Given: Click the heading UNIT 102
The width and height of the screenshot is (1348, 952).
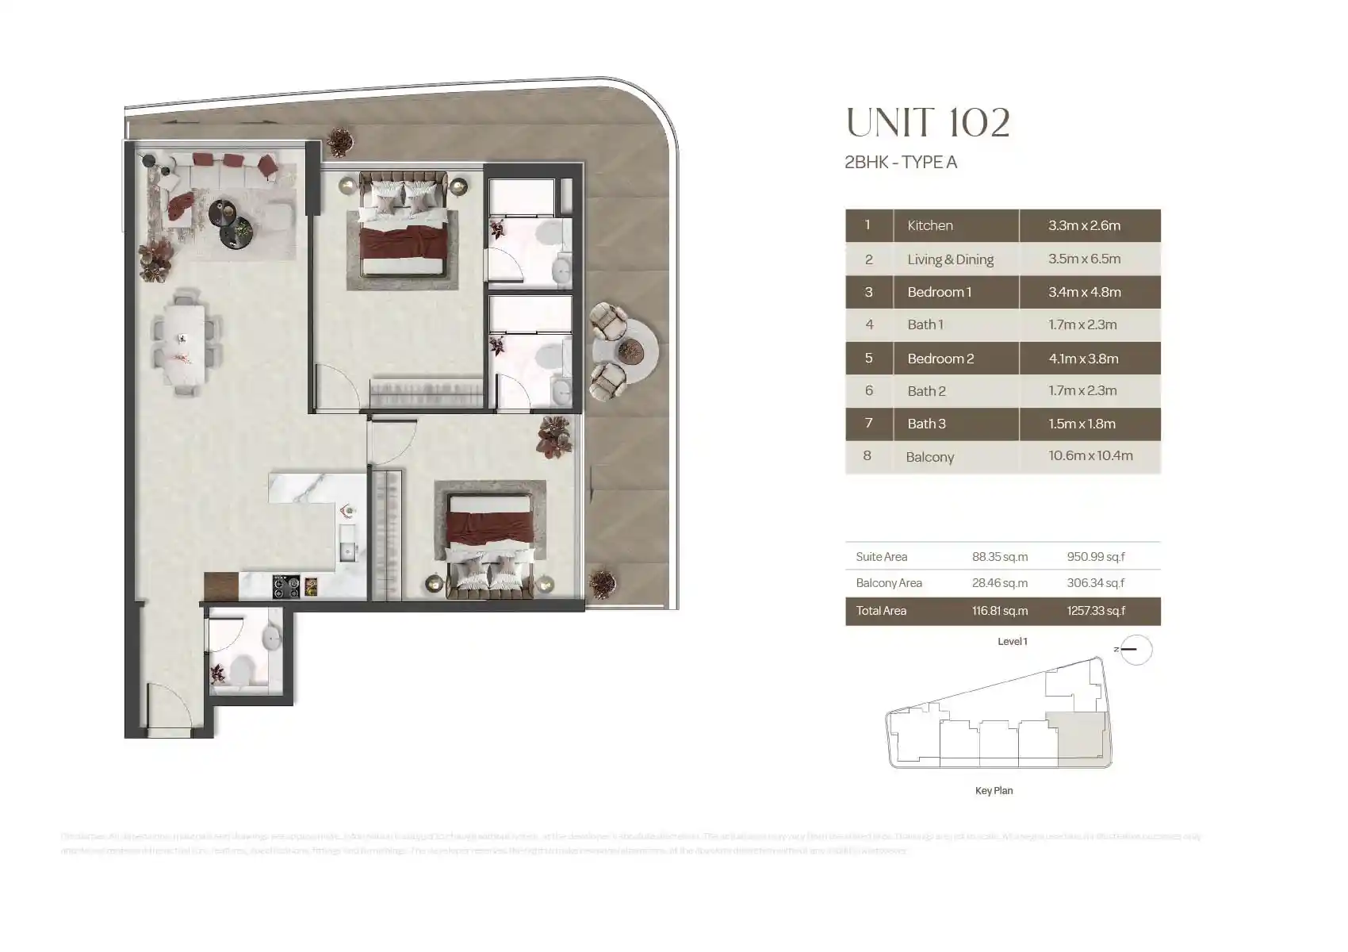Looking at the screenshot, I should (928, 123).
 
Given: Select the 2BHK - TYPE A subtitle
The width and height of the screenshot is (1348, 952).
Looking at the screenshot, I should (901, 163).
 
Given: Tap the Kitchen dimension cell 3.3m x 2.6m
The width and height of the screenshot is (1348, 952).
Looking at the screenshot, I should (1084, 225).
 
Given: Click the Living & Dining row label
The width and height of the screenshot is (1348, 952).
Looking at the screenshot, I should (950, 259).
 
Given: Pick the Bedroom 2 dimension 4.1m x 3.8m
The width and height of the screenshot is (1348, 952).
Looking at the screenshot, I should (1083, 359).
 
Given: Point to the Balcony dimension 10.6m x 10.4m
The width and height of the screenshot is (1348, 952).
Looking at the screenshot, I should (1090, 456).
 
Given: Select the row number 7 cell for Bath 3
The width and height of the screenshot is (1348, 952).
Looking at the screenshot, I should (868, 424).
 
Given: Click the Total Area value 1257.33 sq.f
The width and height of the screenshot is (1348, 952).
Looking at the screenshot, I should (1096, 611).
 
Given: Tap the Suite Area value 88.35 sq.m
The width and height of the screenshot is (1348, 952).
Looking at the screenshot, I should (1000, 557).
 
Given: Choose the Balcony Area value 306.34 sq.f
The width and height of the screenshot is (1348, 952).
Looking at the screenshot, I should (1096, 583).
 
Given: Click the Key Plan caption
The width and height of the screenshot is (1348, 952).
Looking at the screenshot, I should (994, 791).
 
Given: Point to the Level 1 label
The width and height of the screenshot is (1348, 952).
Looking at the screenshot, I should (1012, 642).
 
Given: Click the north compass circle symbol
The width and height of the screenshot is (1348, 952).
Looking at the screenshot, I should (1137, 650).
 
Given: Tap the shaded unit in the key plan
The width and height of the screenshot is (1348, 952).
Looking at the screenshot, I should (1078, 738).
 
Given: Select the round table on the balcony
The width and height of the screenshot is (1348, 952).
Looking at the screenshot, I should (632, 350).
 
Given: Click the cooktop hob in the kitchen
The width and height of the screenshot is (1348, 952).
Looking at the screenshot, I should (286, 586).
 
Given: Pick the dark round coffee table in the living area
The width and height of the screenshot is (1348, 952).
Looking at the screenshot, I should (224, 213).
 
